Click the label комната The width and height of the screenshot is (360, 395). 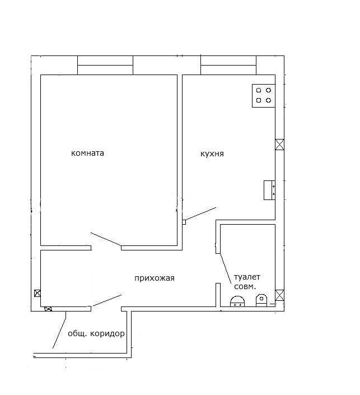tap(87, 153)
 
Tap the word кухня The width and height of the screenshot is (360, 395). tap(212, 154)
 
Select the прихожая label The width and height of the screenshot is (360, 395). tap(155, 278)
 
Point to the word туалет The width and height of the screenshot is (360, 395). tap(247, 277)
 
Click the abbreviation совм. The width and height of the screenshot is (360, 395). tap(245, 286)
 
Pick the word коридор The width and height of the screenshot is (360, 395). tap(107, 334)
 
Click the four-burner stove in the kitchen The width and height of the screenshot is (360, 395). tap(264, 96)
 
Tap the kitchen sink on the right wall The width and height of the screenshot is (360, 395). tap(269, 190)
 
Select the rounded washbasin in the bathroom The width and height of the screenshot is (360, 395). tap(237, 301)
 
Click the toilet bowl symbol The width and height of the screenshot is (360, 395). tap(261, 300)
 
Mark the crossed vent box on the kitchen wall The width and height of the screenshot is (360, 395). tap(280, 145)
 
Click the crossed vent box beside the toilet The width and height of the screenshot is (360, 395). tap(280, 295)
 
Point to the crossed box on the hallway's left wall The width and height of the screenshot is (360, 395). tap(38, 293)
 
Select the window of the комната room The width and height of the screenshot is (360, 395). tap(105, 65)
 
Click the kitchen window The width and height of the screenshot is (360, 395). tap(228, 65)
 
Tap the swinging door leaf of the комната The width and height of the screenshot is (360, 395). tap(106, 239)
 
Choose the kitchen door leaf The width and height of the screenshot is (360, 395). tap(201, 214)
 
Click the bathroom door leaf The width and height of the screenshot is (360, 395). tap(226, 268)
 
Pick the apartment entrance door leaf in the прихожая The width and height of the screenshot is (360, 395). tap(106, 300)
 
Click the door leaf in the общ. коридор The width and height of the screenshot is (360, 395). tap(59, 330)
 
